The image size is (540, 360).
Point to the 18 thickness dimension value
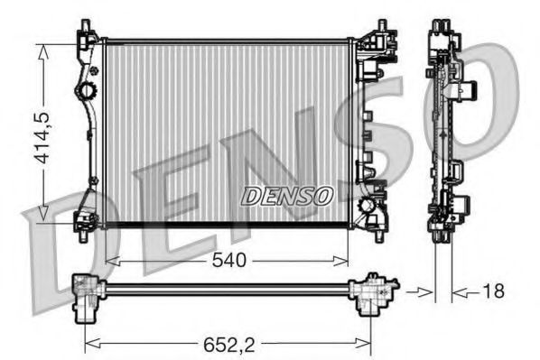pos(491,291)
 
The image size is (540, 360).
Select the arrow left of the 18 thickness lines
pos(418,291)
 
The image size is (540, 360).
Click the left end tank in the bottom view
pos(88,295)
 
